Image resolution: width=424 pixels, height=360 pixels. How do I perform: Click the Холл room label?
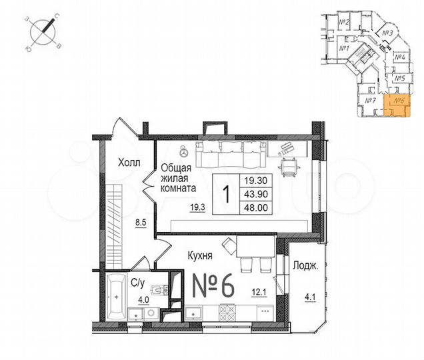click(x=129, y=162)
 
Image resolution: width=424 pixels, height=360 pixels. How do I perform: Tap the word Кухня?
click(x=201, y=254)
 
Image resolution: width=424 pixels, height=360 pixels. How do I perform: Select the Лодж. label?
click(x=305, y=265)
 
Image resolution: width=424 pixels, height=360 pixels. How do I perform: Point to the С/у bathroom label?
click(x=138, y=283)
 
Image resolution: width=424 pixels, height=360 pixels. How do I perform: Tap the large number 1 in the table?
click(x=226, y=195)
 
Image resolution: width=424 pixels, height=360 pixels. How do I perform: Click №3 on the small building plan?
click(x=390, y=33)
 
